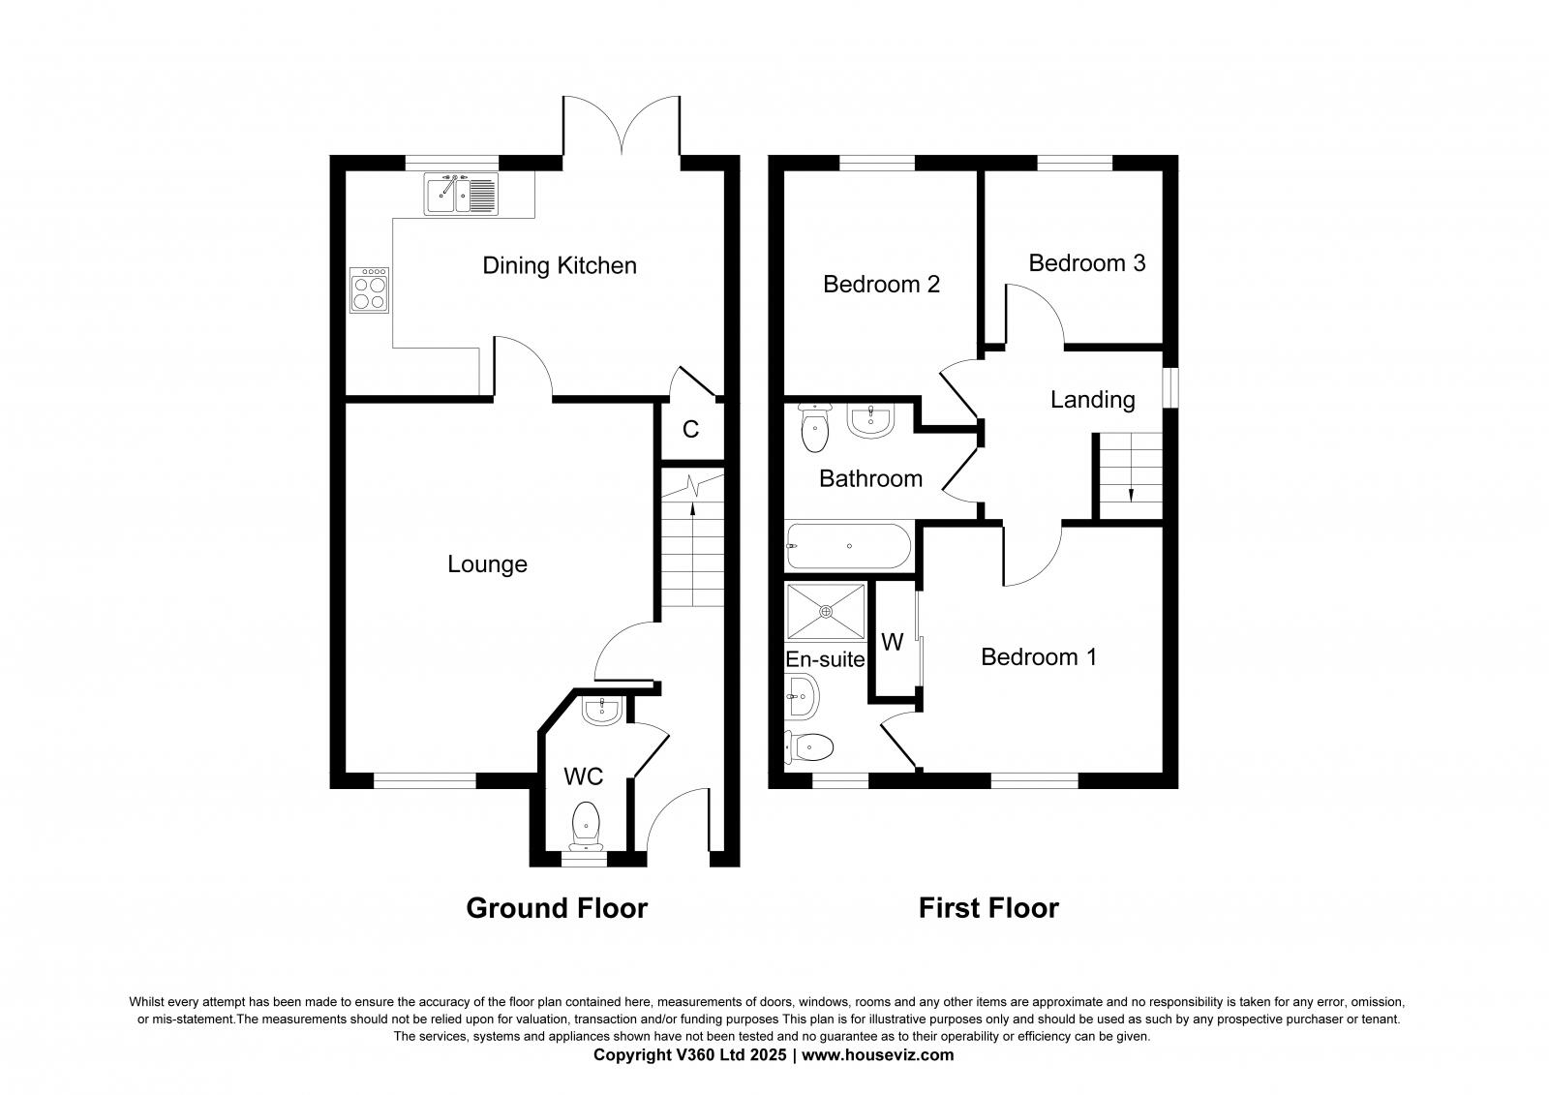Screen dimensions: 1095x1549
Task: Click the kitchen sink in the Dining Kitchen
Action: click(460, 195)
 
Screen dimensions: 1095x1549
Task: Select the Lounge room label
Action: click(487, 564)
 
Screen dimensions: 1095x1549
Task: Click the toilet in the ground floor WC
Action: click(585, 824)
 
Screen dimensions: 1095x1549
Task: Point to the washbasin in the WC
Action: click(601, 710)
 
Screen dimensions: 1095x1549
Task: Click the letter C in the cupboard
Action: click(690, 430)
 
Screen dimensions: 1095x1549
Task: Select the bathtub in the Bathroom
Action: click(848, 547)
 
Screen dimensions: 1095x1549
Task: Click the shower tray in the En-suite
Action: click(826, 611)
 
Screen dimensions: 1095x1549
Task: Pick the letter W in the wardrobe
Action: click(892, 643)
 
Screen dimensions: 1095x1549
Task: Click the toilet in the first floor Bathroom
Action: click(815, 429)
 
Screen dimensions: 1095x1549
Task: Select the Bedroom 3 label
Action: click(1086, 263)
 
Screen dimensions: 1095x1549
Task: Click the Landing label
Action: click(1092, 399)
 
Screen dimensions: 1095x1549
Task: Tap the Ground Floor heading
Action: click(557, 908)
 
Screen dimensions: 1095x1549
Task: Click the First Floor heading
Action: click(988, 908)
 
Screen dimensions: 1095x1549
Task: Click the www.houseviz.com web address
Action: click(879, 1055)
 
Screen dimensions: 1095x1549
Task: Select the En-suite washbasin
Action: click(801, 695)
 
